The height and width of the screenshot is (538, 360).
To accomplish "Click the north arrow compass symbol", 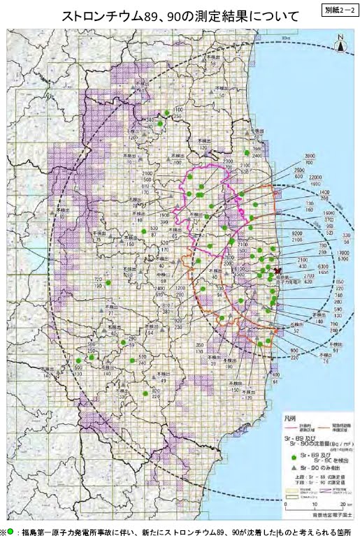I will (340, 43).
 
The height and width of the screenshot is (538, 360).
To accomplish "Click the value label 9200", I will (296, 233).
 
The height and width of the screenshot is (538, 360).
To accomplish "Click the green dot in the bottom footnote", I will (11, 531).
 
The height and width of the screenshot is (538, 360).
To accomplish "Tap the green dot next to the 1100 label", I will (168, 112).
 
